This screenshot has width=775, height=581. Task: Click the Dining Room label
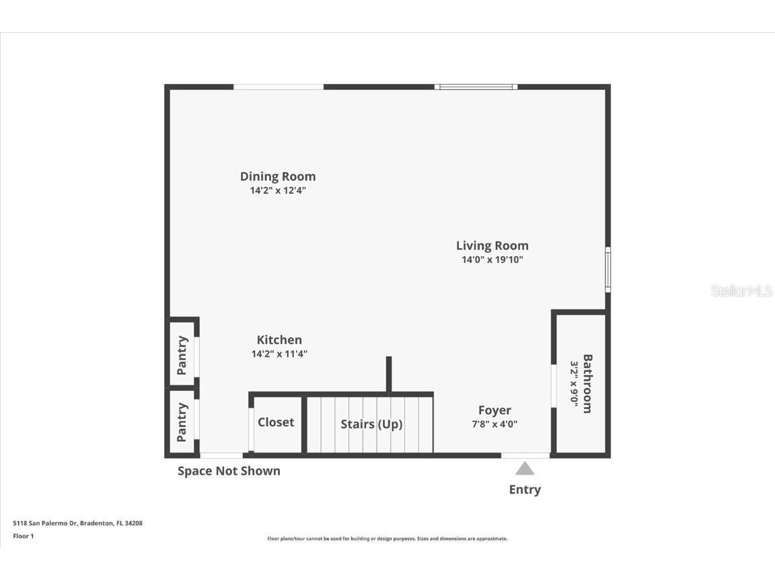pyautogui.click(x=278, y=176)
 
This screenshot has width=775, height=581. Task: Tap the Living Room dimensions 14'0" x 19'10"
pyautogui.click(x=492, y=260)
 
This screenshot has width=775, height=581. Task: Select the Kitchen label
pyautogui.click(x=279, y=340)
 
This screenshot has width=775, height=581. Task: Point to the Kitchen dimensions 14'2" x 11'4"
pyautogui.click(x=279, y=354)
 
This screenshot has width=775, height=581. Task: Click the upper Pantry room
pyautogui.click(x=182, y=354)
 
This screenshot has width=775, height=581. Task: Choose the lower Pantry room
pyautogui.click(x=182, y=422)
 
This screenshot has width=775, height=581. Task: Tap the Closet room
pyautogui.click(x=276, y=422)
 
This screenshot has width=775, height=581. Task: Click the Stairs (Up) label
pyautogui.click(x=371, y=424)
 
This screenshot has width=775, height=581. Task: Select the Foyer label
pyautogui.click(x=494, y=410)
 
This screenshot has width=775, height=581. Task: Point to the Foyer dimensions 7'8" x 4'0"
pyautogui.click(x=494, y=424)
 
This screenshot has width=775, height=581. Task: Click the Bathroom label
pyautogui.click(x=587, y=383)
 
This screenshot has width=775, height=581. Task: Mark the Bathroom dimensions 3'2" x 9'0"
pyautogui.click(x=575, y=383)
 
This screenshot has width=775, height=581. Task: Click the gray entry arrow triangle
pyautogui.click(x=525, y=469)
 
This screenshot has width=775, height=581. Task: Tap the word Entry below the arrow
pyautogui.click(x=525, y=490)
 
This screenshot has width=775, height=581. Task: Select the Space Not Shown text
pyautogui.click(x=229, y=471)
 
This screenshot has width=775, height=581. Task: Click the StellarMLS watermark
pyautogui.click(x=741, y=290)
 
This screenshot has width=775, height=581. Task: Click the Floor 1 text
pyautogui.click(x=23, y=536)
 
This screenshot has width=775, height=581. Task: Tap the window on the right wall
pyautogui.click(x=607, y=270)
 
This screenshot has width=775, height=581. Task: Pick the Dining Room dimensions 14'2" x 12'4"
pyautogui.click(x=278, y=190)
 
